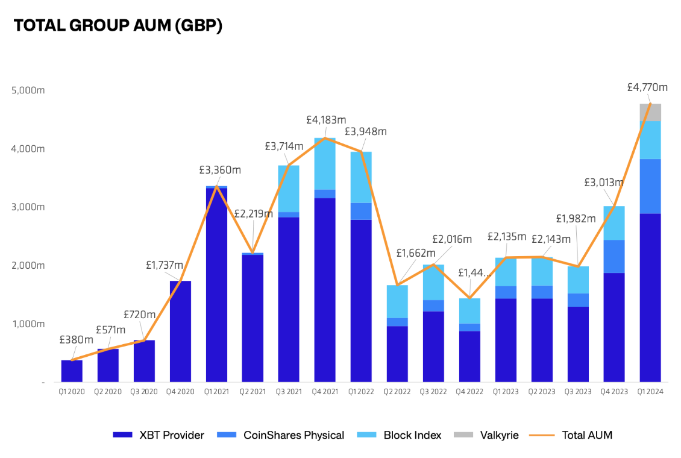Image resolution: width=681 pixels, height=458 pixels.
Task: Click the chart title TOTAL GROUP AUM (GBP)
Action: [118, 26]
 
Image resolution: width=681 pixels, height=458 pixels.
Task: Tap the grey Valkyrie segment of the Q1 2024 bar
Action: [650, 112]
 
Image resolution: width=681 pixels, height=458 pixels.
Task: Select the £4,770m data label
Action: [647, 87]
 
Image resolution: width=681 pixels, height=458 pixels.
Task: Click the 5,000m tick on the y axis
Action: [28, 90]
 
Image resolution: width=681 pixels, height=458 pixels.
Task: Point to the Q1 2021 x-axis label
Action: [216, 391]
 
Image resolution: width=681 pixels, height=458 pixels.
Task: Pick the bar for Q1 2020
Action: [72, 371]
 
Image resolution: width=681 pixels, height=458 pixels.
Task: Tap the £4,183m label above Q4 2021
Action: [326, 120]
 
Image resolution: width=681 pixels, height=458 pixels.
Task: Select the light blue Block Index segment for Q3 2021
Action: [289, 188]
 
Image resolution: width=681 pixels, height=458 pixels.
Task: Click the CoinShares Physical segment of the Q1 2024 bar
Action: [650, 186]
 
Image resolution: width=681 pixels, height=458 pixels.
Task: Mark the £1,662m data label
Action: [415, 253]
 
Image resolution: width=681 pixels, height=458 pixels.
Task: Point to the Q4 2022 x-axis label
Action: [469, 391]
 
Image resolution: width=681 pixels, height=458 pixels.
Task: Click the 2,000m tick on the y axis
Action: [28, 265]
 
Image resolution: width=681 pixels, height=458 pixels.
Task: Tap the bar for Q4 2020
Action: [180, 331]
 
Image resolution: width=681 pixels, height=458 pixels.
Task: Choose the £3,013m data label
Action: [604, 183]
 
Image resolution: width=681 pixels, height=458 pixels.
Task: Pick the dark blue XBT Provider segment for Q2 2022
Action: [397, 354]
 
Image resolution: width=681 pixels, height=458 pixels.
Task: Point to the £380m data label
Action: [76, 339]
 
